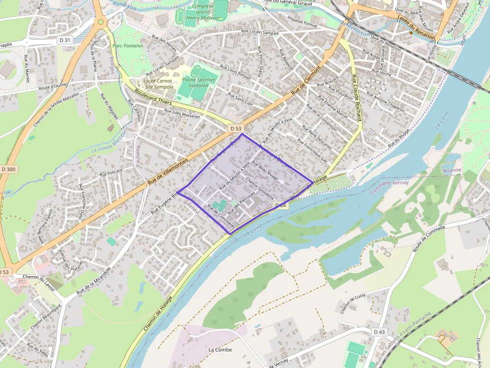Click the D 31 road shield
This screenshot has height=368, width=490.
(65, 40)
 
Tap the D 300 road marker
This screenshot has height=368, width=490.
(8, 169)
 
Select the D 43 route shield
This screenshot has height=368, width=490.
(379, 332)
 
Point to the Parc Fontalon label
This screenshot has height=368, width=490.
(128, 46)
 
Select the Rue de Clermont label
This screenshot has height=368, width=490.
(305, 80)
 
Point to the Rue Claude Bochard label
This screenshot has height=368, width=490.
(356, 98)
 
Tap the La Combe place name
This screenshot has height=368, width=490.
(220, 350)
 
